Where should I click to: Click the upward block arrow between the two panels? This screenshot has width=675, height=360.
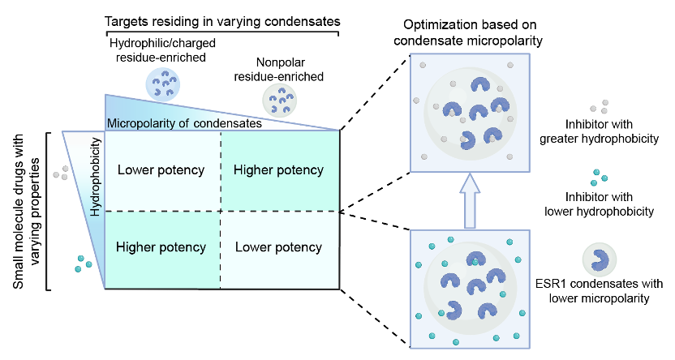pyautogui.click(x=470, y=200)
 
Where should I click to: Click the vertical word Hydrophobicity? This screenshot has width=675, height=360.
pyautogui.click(x=96, y=176)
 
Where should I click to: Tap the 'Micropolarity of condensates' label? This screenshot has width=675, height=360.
pyautogui.click(x=184, y=123)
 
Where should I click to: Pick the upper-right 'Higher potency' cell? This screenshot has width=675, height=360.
pyautogui.click(x=279, y=170)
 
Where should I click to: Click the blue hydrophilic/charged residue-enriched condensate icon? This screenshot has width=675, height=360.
pyautogui.click(x=163, y=84)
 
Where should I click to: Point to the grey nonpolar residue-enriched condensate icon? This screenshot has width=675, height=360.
pyautogui.click(x=280, y=101)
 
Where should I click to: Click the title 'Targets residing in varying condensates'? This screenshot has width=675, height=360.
pyautogui.click(x=222, y=22)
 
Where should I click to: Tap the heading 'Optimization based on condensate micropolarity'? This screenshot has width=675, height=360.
pyautogui.click(x=468, y=32)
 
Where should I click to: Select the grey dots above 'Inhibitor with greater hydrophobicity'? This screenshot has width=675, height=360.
pyautogui.click(x=600, y=106)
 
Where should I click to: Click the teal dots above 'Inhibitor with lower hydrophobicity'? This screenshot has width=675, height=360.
pyautogui.click(x=599, y=178)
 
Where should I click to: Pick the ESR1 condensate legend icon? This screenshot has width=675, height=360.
pyautogui.click(x=600, y=259)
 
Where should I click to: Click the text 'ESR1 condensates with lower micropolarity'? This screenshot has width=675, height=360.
pyautogui.click(x=600, y=291)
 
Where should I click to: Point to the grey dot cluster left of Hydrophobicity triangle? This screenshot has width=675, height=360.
pyautogui.click(x=61, y=173)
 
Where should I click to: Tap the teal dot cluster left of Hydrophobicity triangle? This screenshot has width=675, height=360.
pyautogui.click(x=83, y=264)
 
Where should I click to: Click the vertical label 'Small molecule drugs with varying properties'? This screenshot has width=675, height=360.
pyautogui.click(x=25, y=211)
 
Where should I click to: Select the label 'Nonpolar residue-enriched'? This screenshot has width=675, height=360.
pyautogui.click(x=279, y=69)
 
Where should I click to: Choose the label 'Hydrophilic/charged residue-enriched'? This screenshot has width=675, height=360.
pyautogui.click(x=162, y=50)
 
